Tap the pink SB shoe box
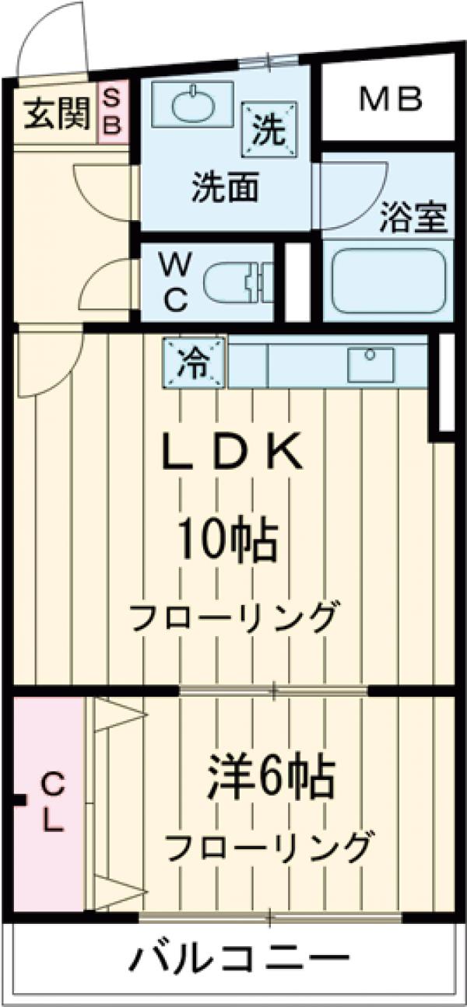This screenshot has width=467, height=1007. (x=112, y=112)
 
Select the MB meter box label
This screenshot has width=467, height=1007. (x=391, y=99)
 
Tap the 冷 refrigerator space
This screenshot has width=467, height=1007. (x=194, y=363)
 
